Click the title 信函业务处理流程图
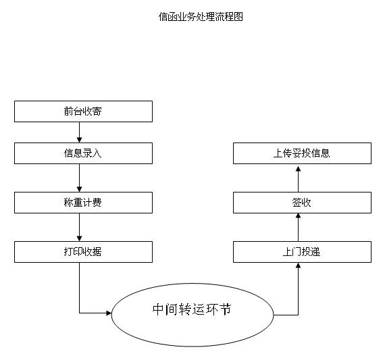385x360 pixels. point(201,17)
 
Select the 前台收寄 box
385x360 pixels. point(83,111)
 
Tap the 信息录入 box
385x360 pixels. point(83,153)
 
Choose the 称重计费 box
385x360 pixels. point(83,203)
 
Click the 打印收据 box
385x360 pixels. point(83,252)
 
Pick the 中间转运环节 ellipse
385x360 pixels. point(192,315)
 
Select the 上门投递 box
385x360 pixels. point(302,252)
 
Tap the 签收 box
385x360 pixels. point(302,203)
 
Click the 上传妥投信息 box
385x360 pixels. point(302,153)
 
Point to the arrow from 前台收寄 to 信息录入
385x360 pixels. point(79,132)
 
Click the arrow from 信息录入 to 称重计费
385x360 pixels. point(79,178)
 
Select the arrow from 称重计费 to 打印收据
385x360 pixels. point(79,227)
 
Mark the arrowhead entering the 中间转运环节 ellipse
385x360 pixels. point(109,313)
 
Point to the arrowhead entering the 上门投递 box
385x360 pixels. point(299,265)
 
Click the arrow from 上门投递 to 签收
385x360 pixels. point(299,227)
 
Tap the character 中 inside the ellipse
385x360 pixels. point(158,309)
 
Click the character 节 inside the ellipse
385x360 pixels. point(226,309)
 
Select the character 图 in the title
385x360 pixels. point(238,17)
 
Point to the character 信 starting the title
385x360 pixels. point(163,17)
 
